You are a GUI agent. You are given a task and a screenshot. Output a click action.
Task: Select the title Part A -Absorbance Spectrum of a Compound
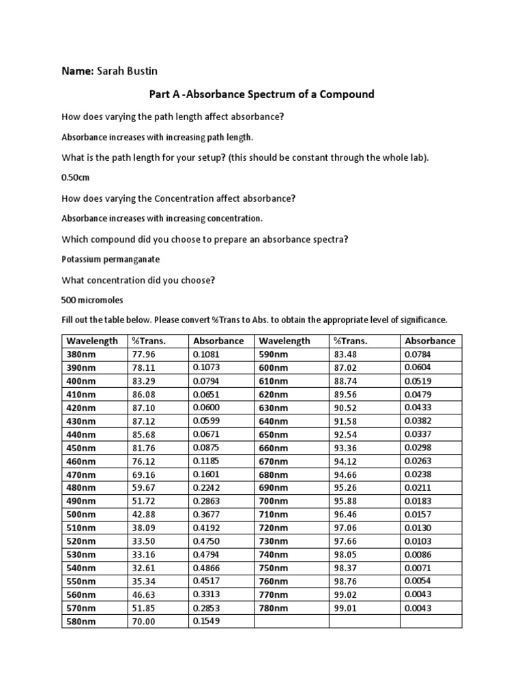pos(261,94)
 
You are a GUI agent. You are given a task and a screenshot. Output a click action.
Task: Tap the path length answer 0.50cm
pos(76,177)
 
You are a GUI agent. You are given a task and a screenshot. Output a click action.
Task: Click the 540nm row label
pos(81,568)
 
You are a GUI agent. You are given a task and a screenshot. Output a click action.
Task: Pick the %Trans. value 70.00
pos(144,622)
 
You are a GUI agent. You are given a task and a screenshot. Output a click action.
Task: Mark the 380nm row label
pos(81,354)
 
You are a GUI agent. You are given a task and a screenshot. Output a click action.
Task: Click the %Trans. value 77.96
pos(144,354)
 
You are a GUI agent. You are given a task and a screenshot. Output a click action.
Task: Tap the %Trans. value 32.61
pos(144,568)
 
